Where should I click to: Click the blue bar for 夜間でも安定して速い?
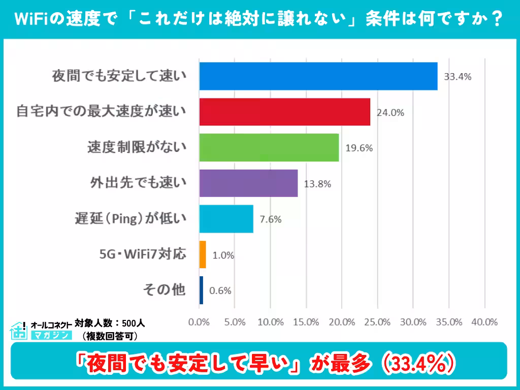click(x=318, y=76)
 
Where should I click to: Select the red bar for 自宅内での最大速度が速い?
click(x=285, y=112)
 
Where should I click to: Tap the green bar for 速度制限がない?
click(x=269, y=148)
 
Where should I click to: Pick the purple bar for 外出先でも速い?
click(x=249, y=183)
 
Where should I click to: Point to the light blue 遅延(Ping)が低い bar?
click(x=226, y=219)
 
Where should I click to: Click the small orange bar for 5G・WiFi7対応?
click(x=203, y=254)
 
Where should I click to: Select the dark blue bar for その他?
click(x=201, y=290)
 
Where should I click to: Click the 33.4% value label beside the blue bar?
click(x=458, y=77)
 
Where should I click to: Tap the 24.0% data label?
click(x=390, y=113)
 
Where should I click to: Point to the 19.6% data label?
click(x=359, y=148)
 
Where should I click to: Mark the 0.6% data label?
click(x=220, y=291)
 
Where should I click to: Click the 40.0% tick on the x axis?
click(x=484, y=322)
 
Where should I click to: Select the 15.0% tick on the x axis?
click(x=306, y=322)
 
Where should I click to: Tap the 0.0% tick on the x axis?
click(x=199, y=322)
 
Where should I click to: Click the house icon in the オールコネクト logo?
click(x=18, y=330)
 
